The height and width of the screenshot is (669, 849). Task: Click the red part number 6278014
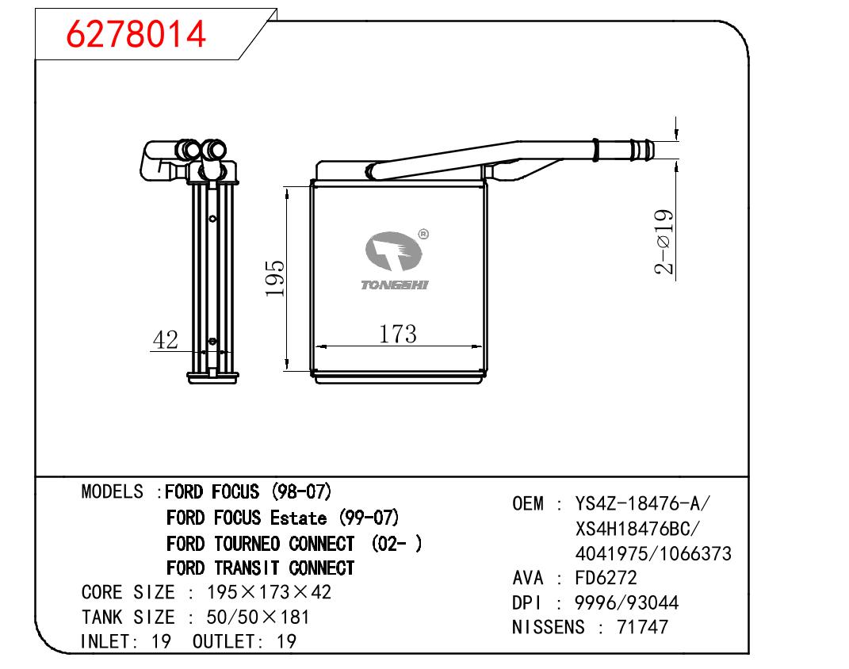coord(136,33)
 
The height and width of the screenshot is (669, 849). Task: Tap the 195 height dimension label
coord(274,278)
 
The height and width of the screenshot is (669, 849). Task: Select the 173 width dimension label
coord(397,334)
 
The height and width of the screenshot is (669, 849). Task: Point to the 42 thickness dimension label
coord(165,340)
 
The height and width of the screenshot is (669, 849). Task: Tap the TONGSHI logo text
coord(395,285)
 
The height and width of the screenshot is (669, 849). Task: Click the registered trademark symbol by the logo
coord(423,234)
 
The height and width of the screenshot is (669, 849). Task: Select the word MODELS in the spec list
coord(112,491)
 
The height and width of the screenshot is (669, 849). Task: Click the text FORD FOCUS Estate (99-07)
coord(283,518)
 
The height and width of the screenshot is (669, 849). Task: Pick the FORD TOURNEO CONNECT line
coord(294,544)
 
